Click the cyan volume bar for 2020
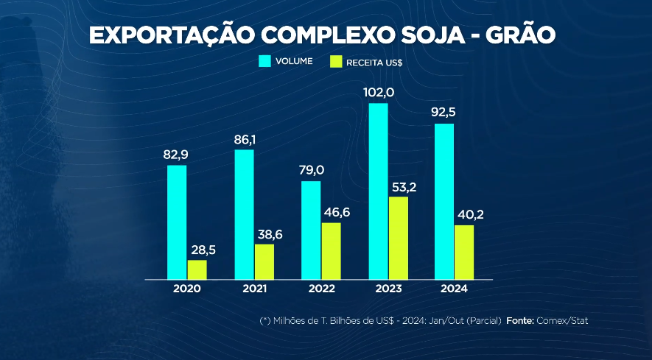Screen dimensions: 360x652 [177, 222]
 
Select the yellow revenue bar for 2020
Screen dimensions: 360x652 [197, 270]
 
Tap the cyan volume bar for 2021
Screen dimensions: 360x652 [244, 214]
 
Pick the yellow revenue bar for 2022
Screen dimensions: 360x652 [331, 251]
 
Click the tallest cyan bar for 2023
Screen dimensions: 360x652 [378, 191]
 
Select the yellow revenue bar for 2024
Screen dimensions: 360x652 [464, 253]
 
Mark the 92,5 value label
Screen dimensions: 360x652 [445, 113]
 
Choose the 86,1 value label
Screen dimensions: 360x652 [245, 138]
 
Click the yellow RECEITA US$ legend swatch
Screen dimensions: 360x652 [337, 61]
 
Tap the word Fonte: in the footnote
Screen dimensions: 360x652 [520, 321]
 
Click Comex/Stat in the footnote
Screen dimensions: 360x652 [562, 321]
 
